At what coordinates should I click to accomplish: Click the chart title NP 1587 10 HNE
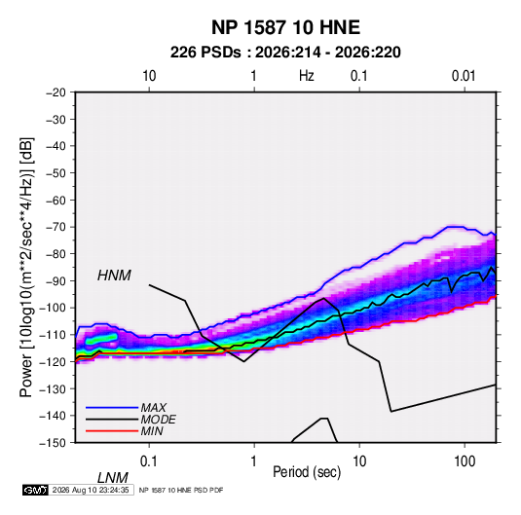coord(285,27)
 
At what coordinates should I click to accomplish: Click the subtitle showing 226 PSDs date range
coord(285,53)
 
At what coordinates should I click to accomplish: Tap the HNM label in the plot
coord(114,276)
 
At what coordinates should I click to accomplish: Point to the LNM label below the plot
coord(113,478)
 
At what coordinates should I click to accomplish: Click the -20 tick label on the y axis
coord(56,92)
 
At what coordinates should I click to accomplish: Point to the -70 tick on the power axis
coord(56,227)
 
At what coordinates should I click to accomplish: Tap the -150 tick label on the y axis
coord(53,443)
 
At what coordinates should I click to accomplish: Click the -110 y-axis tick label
coord(53,335)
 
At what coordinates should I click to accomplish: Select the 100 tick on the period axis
coord(465,461)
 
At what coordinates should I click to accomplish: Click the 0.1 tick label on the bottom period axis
coord(149,461)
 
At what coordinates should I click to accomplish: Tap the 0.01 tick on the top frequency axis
coord(464,76)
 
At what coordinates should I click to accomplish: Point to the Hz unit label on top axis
coord(307,76)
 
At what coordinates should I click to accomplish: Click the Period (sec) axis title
coord(307,472)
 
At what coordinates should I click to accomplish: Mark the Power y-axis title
coord(26,268)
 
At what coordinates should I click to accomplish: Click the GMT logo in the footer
coord(35,490)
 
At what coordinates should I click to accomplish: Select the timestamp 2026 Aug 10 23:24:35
coord(91,490)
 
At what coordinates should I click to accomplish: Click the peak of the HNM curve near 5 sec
coord(323,298)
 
